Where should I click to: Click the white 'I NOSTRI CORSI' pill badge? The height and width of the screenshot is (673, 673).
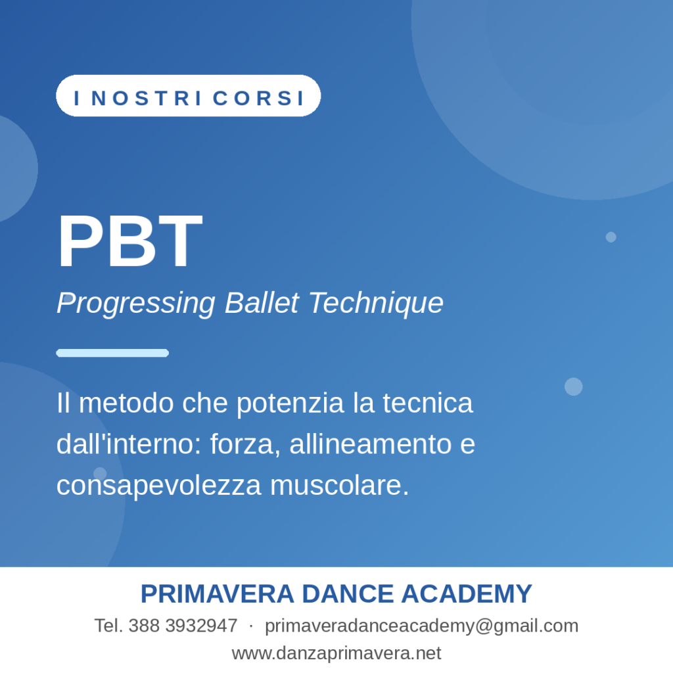pos(189,96)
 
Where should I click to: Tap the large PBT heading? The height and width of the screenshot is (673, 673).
pos(129,242)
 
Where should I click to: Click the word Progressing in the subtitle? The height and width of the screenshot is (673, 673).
pos(135,304)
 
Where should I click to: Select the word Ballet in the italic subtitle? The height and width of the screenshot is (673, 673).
pos(262,302)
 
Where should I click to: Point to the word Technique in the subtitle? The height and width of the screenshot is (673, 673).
pos(376,304)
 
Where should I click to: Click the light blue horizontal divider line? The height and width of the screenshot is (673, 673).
pos(112,353)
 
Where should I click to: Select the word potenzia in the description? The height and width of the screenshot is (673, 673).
pos(290,404)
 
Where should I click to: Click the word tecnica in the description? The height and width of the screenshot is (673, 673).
pos(427,403)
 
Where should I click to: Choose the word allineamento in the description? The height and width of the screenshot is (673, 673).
pos(371,444)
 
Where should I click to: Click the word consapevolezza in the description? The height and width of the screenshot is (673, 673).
pos(159,486)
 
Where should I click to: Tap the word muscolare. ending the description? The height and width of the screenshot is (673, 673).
pos(340,485)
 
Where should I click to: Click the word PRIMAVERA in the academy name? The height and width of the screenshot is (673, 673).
pos(217,594)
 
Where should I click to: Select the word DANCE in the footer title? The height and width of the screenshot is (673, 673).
pos(348,594)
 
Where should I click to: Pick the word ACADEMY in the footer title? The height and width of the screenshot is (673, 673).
pos(467,594)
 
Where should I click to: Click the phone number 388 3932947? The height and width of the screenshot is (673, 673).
pos(183,626)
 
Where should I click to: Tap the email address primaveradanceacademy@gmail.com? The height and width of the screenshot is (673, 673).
pos(421,626)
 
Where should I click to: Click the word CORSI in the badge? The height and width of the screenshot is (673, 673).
pos(258,98)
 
